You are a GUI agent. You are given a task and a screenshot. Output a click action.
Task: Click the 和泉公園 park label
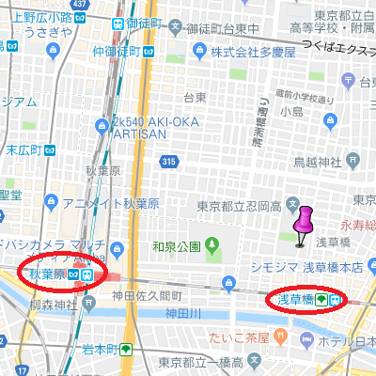(176, 247)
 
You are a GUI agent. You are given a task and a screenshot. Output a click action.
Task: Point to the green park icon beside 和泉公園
(212, 247)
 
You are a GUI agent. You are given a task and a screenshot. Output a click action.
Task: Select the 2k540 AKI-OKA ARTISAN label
(150, 129)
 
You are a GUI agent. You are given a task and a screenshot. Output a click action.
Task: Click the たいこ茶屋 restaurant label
(246, 336)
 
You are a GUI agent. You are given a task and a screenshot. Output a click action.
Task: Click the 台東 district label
(195, 97)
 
